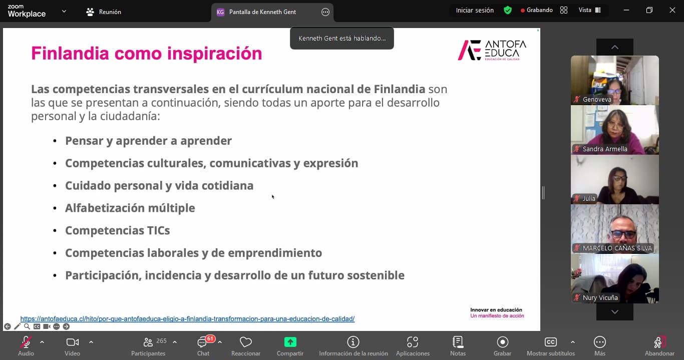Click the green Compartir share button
click(x=290, y=342)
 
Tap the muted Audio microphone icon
click(x=26, y=342)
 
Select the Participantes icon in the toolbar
click(x=148, y=342)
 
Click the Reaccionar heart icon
click(x=245, y=342)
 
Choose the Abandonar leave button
click(x=659, y=342)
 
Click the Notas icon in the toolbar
click(x=458, y=342)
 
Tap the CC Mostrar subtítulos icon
click(x=551, y=342)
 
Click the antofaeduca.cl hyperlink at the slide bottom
click(x=187, y=319)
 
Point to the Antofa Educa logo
click(x=492, y=50)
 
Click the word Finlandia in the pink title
click(x=70, y=53)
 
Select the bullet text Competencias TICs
click(x=118, y=230)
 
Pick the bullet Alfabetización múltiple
click(x=130, y=208)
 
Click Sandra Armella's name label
click(x=604, y=149)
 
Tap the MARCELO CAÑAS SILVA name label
click(x=617, y=248)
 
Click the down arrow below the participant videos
click(x=615, y=312)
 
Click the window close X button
click(x=672, y=10)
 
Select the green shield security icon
click(x=508, y=11)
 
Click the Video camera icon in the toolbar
click(x=73, y=342)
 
